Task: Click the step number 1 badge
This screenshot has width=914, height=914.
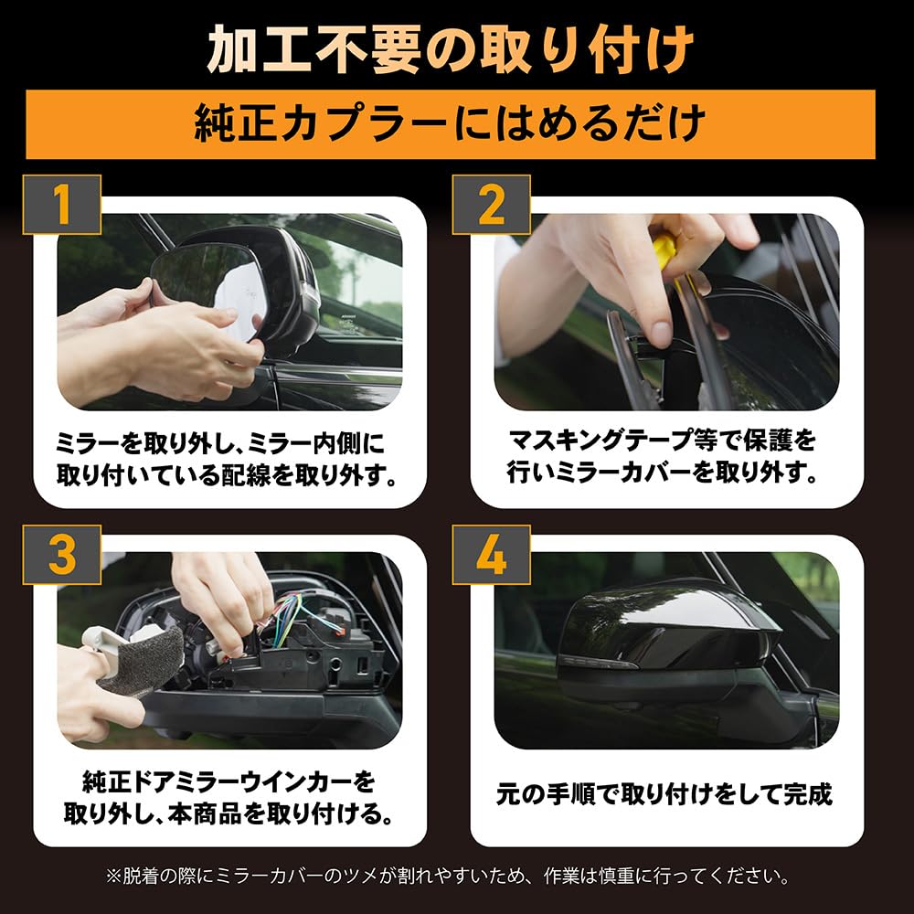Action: tap(62, 205)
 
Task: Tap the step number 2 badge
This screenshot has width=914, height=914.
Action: tap(492, 205)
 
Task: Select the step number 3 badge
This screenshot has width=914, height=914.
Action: tap(62, 555)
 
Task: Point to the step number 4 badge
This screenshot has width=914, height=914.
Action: tap(492, 555)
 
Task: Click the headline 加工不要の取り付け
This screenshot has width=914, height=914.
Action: tap(451, 50)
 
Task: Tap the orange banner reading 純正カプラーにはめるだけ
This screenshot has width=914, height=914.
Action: tap(451, 123)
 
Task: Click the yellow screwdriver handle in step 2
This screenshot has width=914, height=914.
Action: tap(664, 252)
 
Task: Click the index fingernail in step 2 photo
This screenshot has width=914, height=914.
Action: tap(661, 333)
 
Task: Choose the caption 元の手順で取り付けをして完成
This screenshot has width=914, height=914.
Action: tap(664, 794)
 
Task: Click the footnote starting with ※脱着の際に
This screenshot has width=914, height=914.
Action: tap(448, 877)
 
